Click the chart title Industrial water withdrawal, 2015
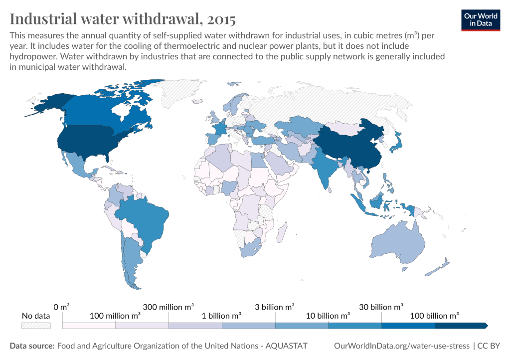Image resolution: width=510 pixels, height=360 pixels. (x=123, y=19)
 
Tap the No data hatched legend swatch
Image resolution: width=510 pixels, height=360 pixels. (x=36, y=326)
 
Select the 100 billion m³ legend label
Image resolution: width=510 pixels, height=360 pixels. (x=434, y=316)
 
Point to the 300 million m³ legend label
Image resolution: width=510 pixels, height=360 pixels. (x=169, y=307)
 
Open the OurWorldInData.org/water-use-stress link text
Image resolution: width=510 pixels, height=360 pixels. (x=401, y=346)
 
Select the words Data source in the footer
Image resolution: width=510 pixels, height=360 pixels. (x=32, y=346)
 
